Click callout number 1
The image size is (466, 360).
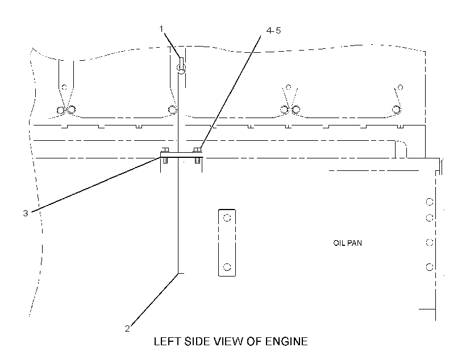[x=161, y=29]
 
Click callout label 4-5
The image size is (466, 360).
[x=273, y=31]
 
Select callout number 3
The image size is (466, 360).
[x=26, y=214]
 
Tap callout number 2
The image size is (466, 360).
[x=127, y=329]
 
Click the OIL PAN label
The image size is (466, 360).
[x=347, y=243]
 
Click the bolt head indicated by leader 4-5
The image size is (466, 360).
[x=197, y=149]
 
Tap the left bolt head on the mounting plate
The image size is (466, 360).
[x=165, y=149]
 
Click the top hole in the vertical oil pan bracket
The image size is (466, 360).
[x=227, y=218]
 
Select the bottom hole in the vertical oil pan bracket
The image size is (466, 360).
[x=227, y=267]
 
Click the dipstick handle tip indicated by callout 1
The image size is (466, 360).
[x=181, y=62]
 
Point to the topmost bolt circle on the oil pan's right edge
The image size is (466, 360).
[x=430, y=202]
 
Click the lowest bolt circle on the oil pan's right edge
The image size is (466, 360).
[x=430, y=267]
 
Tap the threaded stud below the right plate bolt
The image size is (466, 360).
[x=197, y=161]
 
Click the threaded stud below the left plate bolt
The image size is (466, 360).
[x=165, y=161]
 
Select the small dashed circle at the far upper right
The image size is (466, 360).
[x=400, y=87]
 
